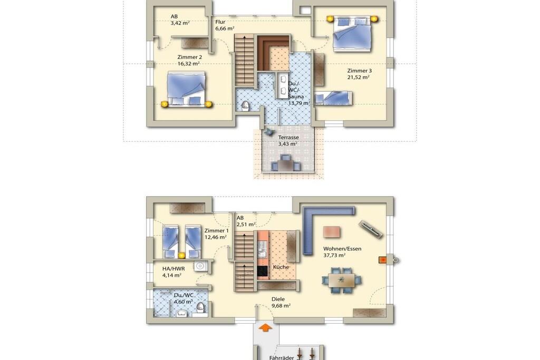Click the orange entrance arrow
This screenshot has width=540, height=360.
click(265, 327)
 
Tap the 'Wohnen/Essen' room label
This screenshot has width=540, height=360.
click(342, 248)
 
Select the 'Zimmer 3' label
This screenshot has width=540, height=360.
click(359, 71)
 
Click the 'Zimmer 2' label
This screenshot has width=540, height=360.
click(189, 57)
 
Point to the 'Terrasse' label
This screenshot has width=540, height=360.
click(288, 138)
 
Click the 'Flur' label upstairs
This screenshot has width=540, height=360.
click(220, 22)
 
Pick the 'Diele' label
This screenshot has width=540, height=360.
click(278, 299)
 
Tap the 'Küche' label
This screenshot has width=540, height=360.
click(281, 267)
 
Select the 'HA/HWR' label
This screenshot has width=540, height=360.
click(173, 268)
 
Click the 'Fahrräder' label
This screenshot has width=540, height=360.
click(282, 357)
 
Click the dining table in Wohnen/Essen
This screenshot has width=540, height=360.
click(342, 280)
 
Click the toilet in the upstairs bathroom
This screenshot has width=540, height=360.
click(245, 105)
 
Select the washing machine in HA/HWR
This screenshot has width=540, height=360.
click(199, 266)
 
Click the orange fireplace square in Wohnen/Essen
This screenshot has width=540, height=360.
click(382, 260)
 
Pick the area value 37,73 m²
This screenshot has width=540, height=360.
click(334, 255)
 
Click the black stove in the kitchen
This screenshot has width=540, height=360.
click(263, 271)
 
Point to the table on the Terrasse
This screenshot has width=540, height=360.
click(285, 166)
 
